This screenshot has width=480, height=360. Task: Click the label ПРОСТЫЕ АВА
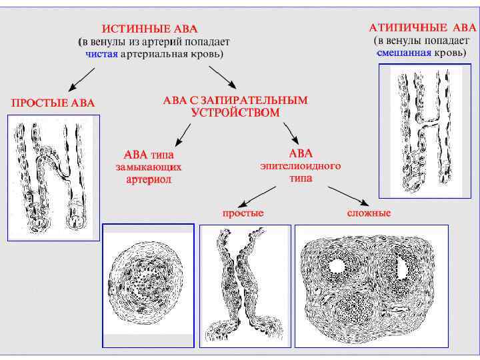coord(53,103)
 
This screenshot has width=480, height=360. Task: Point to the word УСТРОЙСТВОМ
coord(235,113)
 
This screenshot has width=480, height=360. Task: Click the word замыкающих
coord(148,167)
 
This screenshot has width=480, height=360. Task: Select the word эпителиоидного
coord(300,166)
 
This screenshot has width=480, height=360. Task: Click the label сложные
coord(369,213)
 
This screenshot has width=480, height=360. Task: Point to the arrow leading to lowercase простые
coord(257,195)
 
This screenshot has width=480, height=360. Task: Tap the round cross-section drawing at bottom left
coord(148,286)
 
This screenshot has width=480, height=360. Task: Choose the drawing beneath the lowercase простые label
coord(245,286)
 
